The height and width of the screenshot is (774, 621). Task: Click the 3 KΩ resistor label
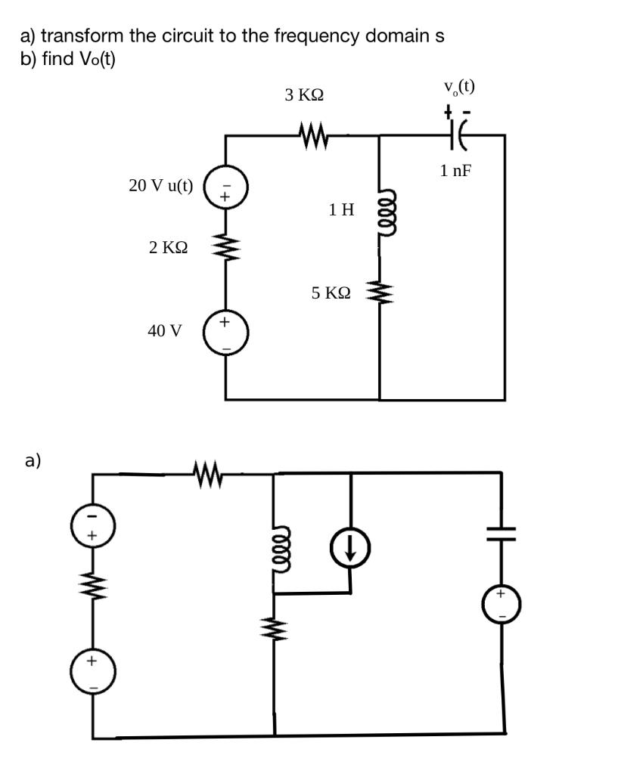[x=305, y=96]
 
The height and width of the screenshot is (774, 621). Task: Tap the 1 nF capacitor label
[x=455, y=171]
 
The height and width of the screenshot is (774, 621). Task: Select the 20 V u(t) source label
[x=161, y=186]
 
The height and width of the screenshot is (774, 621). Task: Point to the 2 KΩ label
[x=169, y=247]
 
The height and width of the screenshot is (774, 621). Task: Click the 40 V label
[x=165, y=330]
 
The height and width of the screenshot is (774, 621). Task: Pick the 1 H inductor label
[x=341, y=210]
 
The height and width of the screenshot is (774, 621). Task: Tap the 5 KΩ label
[x=331, y=292]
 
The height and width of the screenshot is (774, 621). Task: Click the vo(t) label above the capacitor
[x=460, y=87]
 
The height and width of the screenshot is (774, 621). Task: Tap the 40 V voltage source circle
[x=225, y=333]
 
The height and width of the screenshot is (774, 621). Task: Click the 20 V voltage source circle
[x=225, y=188]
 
